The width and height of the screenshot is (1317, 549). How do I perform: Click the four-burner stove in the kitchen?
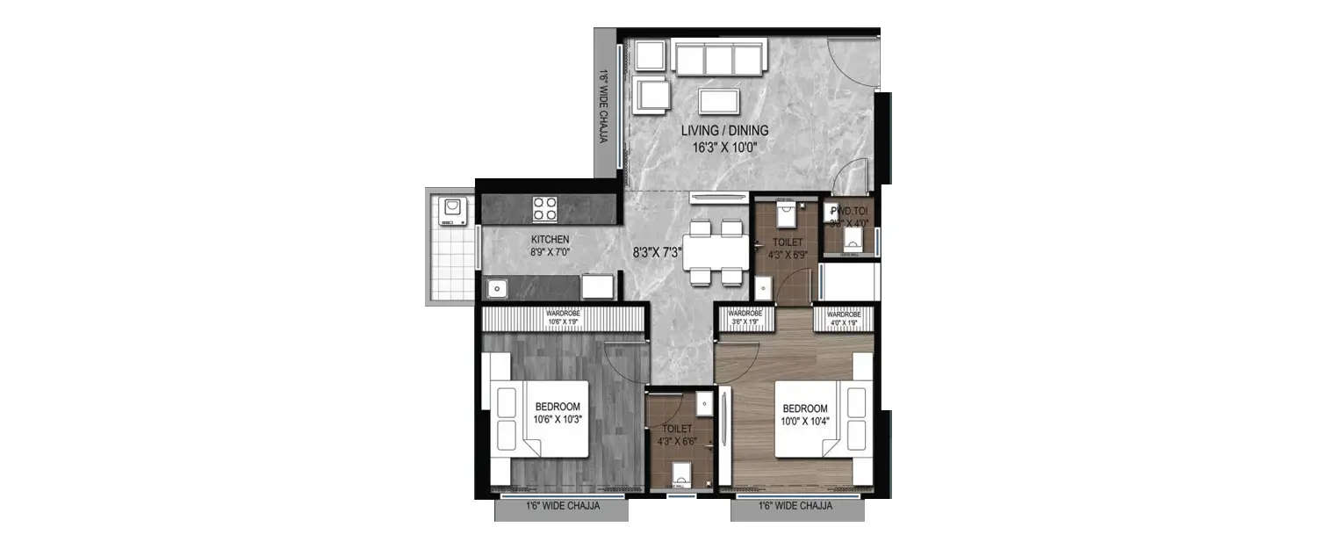coord(545,209)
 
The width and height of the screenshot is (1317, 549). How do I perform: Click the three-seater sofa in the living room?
coord(718,60)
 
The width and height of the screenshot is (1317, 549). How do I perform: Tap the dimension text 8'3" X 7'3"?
coord(658,253)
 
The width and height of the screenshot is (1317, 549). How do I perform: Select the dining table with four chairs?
coord(716,253)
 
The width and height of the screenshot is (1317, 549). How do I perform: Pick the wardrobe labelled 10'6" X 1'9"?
coord(562,317)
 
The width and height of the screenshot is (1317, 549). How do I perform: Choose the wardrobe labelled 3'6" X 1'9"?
coord(745,317)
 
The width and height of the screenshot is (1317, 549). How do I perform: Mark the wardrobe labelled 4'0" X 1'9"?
coord(843,317)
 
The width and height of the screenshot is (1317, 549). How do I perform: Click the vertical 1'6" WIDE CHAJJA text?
coord(603,105)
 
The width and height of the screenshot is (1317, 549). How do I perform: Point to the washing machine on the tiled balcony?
coord(452,209)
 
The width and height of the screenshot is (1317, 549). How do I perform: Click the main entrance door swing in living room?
coord(856,66)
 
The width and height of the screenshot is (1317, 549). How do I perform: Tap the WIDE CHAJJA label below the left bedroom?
coord(562,507)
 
